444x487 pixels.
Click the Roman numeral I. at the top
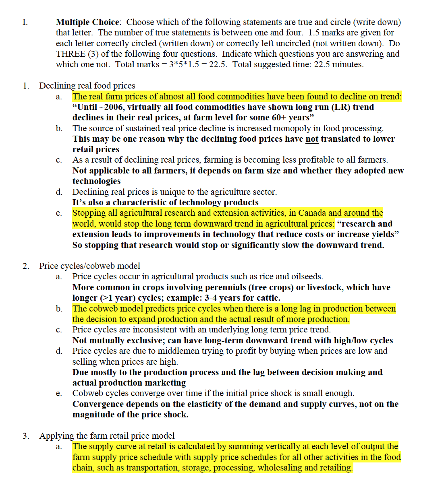(x=25, y=22)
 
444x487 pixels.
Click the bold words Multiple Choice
(x=87, y=22)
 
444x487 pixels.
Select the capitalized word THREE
(x=71, y=54)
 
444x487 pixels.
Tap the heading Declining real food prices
(x=87, y=86)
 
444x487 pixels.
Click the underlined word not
(x=312, y=139)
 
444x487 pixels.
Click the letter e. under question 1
(x=59, y=213)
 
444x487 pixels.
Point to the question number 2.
(x=26, y=266)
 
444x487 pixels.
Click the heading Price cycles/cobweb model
(x=89, y=266)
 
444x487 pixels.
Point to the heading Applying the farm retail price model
(x=107, y=436)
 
